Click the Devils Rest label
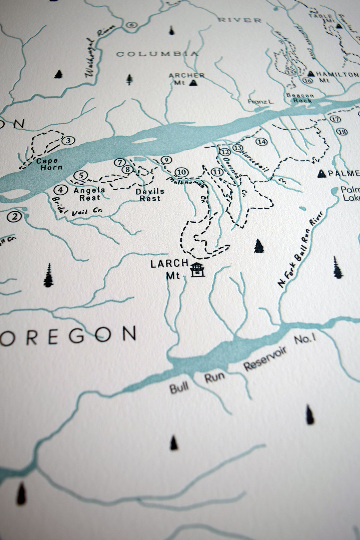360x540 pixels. (x=150, y=195)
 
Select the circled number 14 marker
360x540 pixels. (x=262, y=142)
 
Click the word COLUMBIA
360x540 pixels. (x=157, y=54)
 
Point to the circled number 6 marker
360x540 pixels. (x=132, y=25)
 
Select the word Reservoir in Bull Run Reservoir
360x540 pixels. (x=265, y=358)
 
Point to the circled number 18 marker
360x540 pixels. (x=342, y=132)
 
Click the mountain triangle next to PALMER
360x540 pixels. (x=322, y=174)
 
